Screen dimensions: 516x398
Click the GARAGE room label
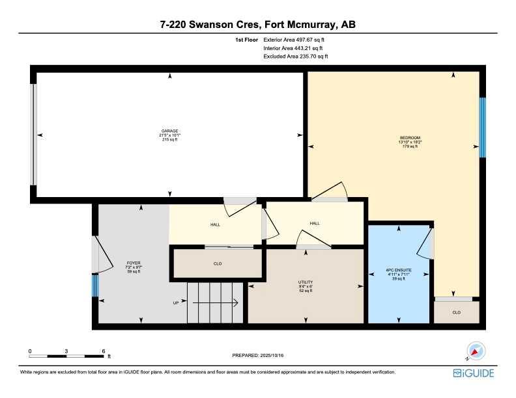point(170,131)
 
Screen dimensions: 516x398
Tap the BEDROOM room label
point(410,138)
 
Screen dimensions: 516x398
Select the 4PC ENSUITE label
point(399,271)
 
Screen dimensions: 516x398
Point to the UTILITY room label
point(306,282)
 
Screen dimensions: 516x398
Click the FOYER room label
point(134,263)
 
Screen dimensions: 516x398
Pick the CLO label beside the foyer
point(218,263)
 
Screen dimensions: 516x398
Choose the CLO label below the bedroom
point(457,312)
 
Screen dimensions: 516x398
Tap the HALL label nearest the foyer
point(215,224)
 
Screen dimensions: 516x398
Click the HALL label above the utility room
point(315,223)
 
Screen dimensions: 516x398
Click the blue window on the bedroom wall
point(482,127)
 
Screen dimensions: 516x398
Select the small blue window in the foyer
point(95,285)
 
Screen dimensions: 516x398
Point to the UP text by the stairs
point(176,303)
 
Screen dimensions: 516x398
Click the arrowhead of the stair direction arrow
point(236,303)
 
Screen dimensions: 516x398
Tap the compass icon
point(475,351)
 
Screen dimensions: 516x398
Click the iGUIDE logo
point(474,373)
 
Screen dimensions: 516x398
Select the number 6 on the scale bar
point(104,351)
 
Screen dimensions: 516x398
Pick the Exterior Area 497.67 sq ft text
point(294,40)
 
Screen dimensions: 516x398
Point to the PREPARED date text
point(257,355)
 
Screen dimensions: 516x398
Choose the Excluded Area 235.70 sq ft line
point(296,57)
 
